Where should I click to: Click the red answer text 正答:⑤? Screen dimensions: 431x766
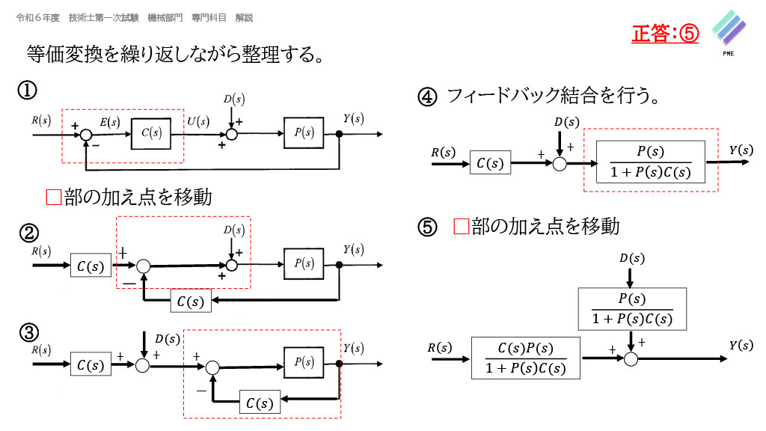(x=665, y=34)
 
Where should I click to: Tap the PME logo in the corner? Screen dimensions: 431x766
(x=727, y=33)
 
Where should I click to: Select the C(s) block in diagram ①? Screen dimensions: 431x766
(x=150, y=132)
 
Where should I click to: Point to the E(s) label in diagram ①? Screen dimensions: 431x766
(x=109, y=122)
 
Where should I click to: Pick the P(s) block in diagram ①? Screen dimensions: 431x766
(x=303, y=132)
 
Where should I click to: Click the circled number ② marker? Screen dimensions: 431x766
(x=28, y=233)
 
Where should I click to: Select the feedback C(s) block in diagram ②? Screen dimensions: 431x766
(x=191, y=301)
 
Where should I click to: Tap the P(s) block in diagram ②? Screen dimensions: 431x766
(x=303, y=263)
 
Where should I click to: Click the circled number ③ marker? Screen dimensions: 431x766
(x=28, y=332)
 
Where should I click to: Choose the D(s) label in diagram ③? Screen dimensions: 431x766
(x=168, y=339)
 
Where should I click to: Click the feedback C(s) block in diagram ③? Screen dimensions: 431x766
(x=260, y=403)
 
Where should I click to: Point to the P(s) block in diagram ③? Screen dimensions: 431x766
(x=303, y=363)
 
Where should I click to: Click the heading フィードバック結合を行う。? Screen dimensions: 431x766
(x=553, y=96)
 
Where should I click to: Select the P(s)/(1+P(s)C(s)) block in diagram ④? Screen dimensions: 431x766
(x=651, y=162)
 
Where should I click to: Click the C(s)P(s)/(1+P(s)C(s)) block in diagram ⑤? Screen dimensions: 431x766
(x=527, y=358)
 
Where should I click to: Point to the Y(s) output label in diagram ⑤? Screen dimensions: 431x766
(x=741, y=344)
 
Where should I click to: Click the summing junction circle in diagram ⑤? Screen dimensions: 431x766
(x=631, y=359)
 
